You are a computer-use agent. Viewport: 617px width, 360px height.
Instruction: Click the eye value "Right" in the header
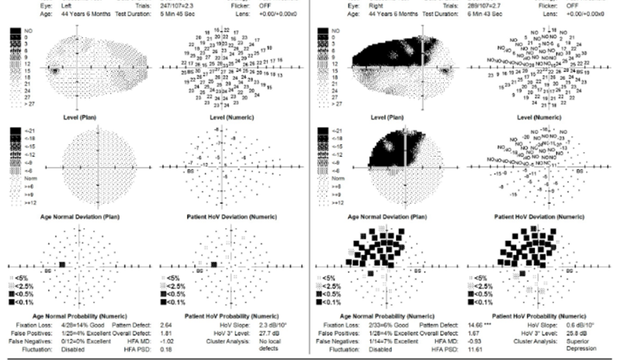[x=394, y=6]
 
